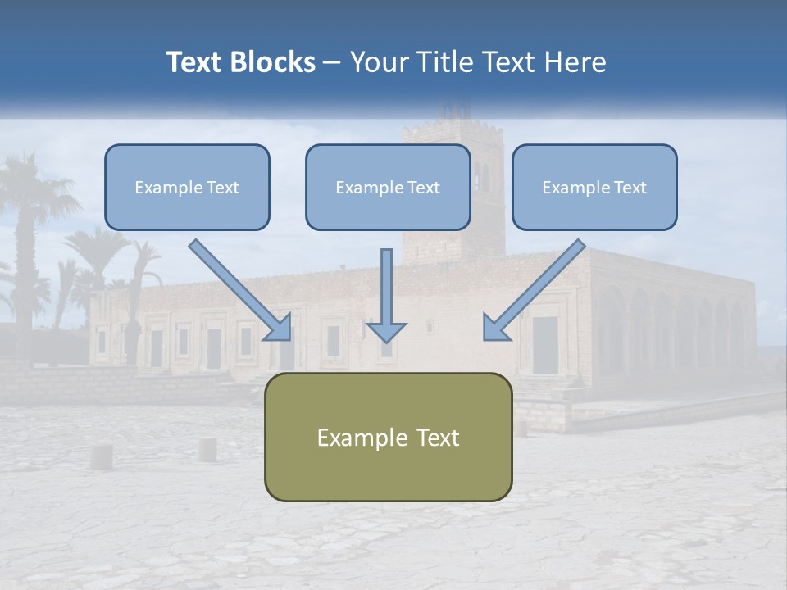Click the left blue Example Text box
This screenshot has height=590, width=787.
187,187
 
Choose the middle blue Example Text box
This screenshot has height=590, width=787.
388,187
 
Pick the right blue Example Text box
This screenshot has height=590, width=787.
594,187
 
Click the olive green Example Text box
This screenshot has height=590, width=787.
388,437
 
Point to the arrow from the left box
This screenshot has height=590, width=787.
238,288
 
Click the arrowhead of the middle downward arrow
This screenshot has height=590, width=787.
386,330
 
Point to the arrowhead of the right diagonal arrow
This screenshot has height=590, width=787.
495,328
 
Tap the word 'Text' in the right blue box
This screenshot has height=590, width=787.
629,187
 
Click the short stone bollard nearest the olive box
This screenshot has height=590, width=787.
207,449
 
